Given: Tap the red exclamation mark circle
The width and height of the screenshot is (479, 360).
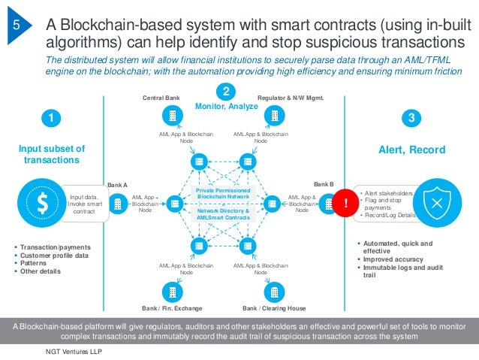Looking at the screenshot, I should (x=346, y=203).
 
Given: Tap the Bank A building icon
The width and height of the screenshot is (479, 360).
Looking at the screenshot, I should (x=119, y=203).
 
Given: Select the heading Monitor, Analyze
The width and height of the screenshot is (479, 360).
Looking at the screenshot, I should (x=226, y=107).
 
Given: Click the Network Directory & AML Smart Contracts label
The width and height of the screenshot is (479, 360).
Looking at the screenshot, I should (x=224, y=214).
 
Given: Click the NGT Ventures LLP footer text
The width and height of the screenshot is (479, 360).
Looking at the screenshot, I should (x=73, y=351).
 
